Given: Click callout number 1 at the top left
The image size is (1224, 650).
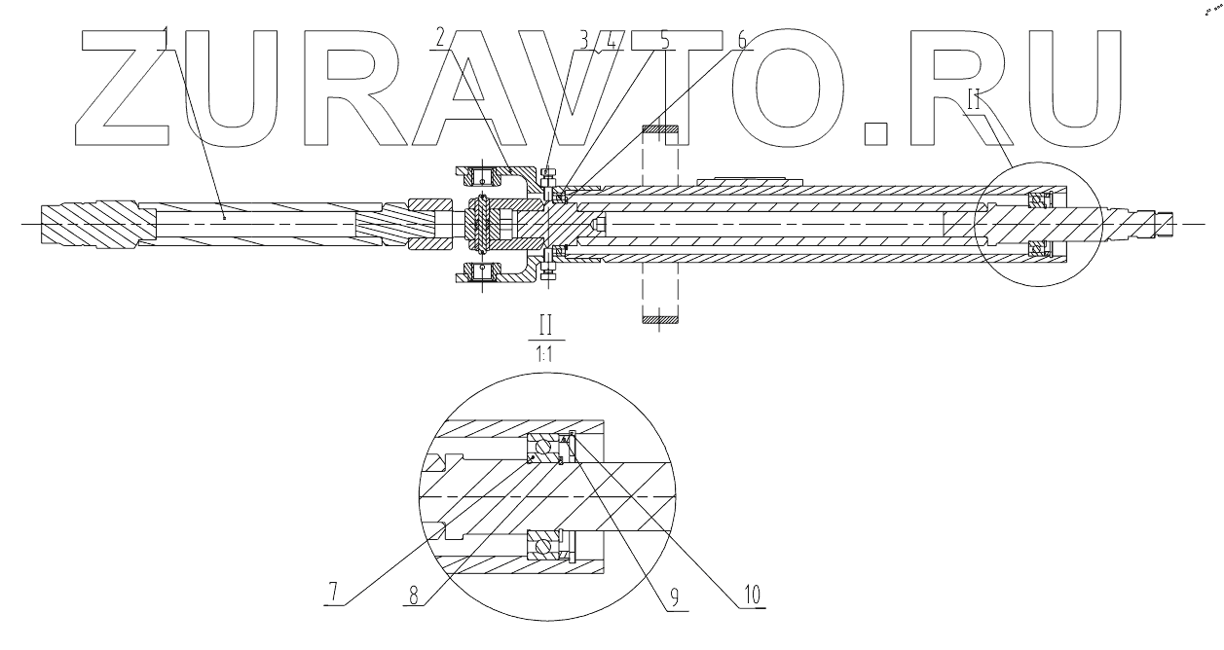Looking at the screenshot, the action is [167, 38].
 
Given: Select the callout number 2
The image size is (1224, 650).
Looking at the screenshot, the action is [440, 38].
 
